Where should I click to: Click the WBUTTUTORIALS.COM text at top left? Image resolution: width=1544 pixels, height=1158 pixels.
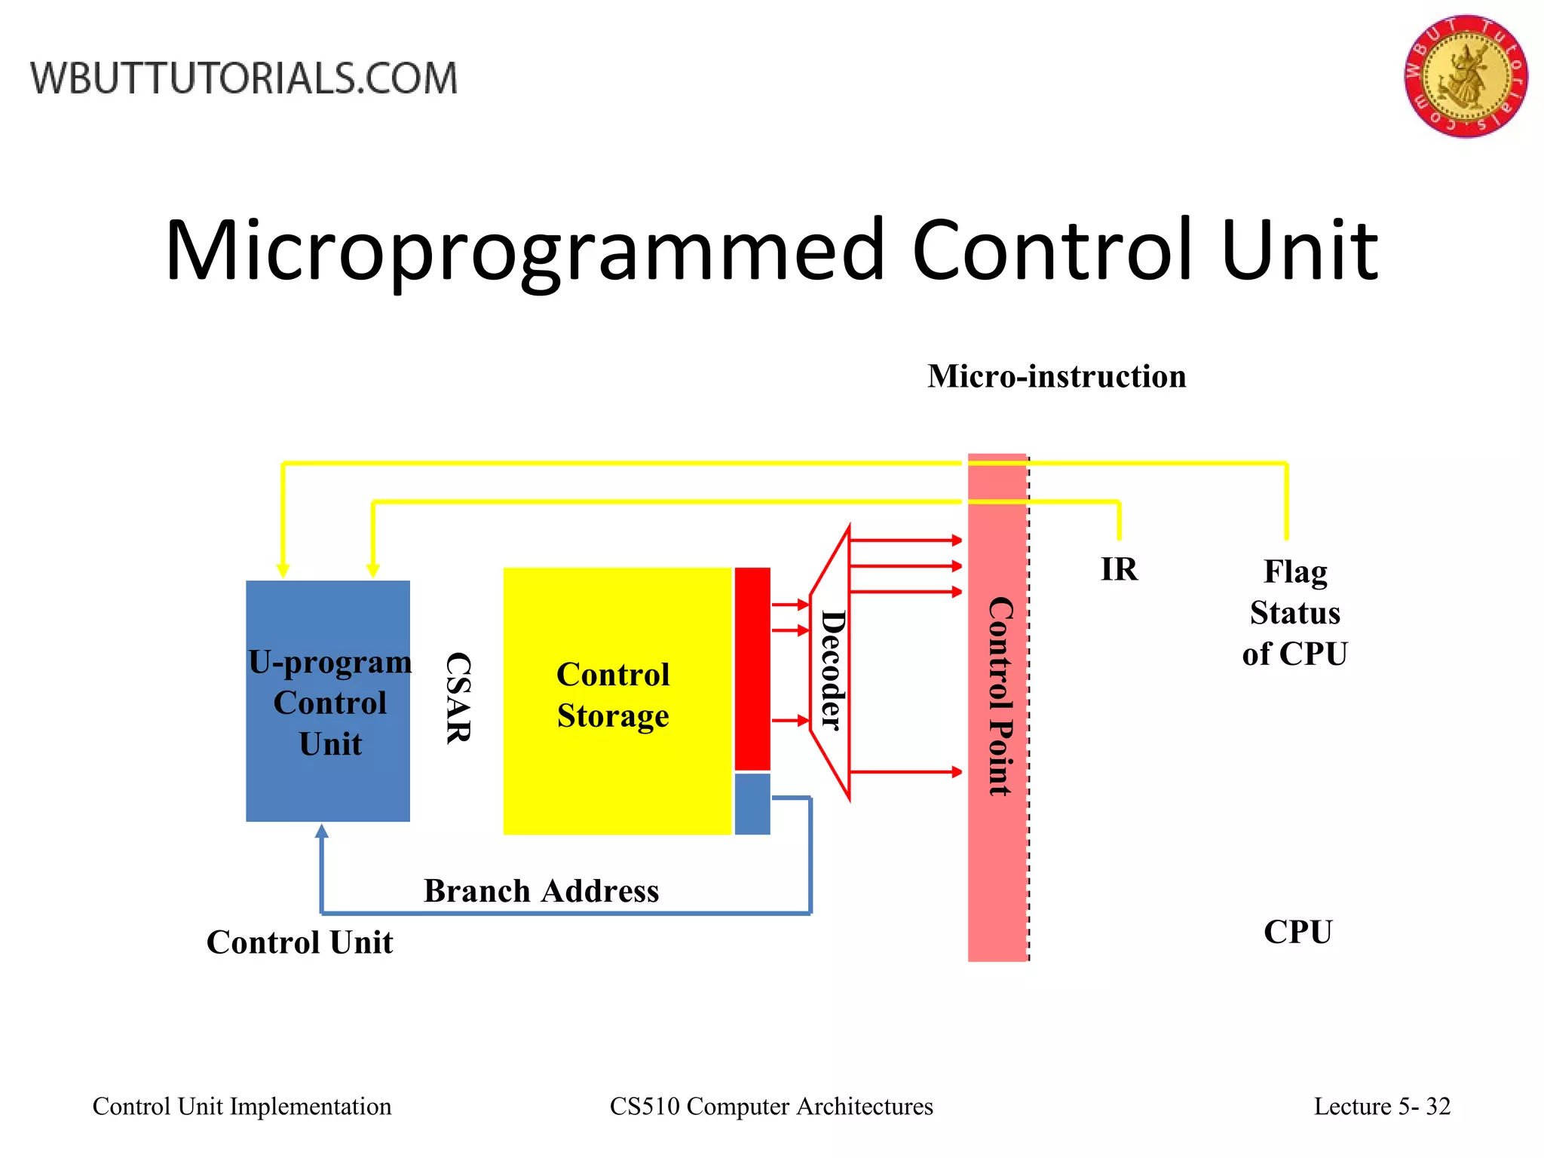coord(244,78)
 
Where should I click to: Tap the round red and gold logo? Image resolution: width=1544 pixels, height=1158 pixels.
coord(1465,76)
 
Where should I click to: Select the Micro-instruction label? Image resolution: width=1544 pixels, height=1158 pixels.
coord(1056,376)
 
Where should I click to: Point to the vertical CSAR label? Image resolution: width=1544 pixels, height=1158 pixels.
coord(458,698)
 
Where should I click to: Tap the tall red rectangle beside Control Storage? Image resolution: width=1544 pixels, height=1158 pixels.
coord(752,668)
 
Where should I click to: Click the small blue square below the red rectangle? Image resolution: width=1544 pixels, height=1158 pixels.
coord(752,804)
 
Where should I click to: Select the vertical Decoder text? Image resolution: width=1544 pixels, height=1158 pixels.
coord(832,670)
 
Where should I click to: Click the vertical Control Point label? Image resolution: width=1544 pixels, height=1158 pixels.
coord(1000,697)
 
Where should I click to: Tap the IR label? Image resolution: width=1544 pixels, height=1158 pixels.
coord(1119,569)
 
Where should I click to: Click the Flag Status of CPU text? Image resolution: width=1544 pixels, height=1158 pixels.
coord(1294,612)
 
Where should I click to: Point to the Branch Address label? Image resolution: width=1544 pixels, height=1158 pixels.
coord(541,891)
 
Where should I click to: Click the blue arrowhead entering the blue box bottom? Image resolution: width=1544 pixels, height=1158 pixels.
coord(322,831)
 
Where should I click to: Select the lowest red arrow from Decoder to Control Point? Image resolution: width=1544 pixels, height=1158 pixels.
coord(905,772)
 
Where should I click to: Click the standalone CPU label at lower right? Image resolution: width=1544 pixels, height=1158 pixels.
coord(1297,932)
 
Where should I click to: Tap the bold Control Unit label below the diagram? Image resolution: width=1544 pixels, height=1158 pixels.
coord(299,942)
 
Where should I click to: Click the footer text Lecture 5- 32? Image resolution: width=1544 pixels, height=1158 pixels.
coord(1381,1106)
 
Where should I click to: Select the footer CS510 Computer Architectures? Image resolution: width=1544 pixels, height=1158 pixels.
coord(770,1106)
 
